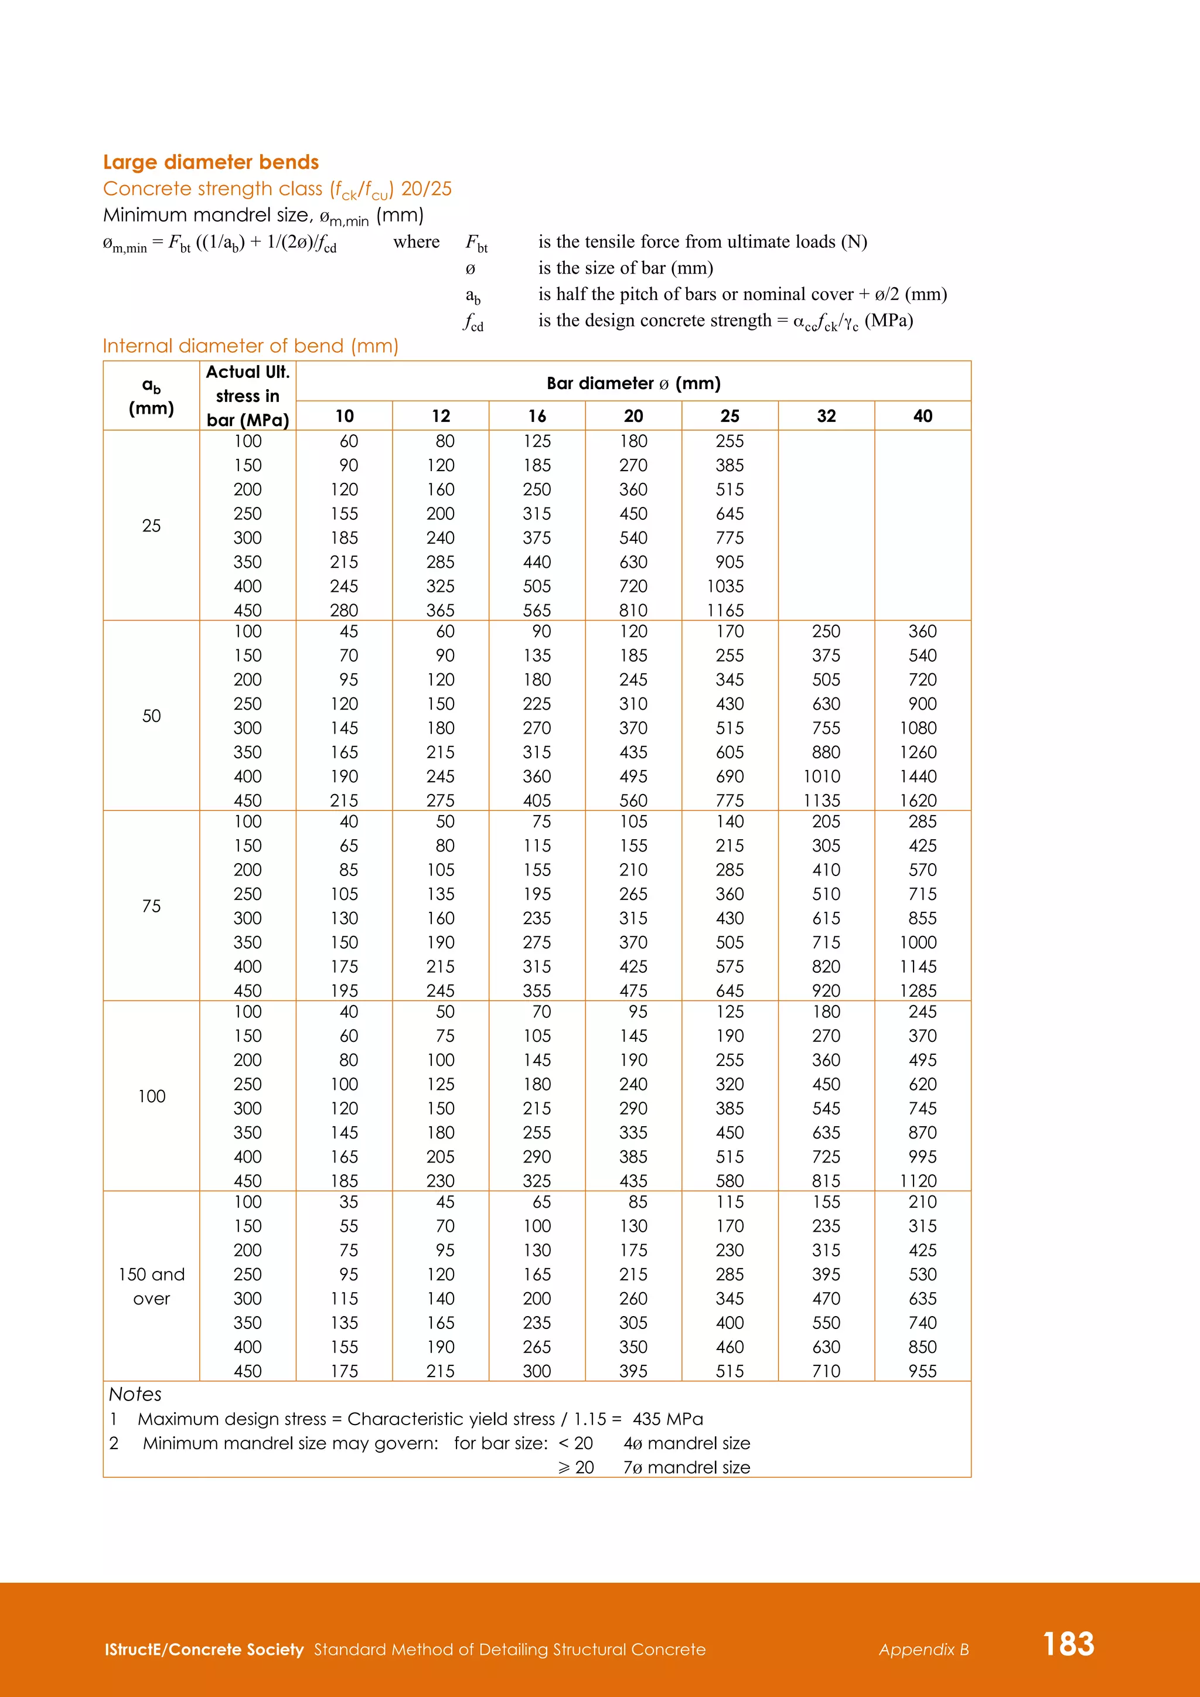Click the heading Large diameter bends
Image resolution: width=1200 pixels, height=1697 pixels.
tap(210, 162)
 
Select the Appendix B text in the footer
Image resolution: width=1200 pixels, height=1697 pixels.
tap(923, 1650)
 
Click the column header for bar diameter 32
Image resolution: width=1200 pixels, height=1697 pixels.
tap(826, 416)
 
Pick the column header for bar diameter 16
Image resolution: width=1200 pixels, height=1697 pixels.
tap(537, 416)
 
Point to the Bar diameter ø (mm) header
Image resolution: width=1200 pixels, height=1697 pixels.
tap(633, 383)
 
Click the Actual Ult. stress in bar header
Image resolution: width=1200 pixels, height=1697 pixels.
tap(247, 396)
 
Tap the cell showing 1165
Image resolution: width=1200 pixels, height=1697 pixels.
tap(725, 611)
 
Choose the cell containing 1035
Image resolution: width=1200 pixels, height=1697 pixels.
tap(725, 586)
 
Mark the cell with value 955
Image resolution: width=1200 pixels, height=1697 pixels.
tap(922, 1371)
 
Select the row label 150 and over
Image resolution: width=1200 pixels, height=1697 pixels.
tap(152, 1286)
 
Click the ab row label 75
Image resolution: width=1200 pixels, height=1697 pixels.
tap(152, 906)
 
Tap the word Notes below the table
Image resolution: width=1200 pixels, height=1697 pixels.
tap(135, 1394)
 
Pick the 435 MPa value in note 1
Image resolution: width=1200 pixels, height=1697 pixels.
tap(667, 1419)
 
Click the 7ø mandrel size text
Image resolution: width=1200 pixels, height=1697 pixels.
tap(687, 1467)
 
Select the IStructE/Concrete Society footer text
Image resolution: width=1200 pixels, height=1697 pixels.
tap(204, 1650)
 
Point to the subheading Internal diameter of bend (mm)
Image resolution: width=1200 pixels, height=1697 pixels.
tap(251, 346)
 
